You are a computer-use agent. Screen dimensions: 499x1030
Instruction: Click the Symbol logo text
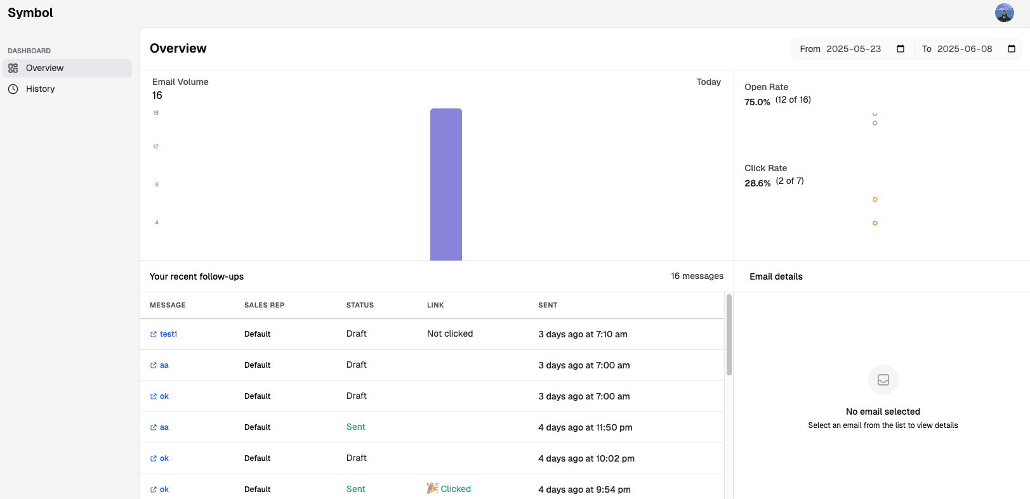coord(30,13)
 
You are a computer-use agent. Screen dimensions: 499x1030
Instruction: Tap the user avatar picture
coord(1004,13)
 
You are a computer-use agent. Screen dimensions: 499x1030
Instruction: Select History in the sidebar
coord(40,89)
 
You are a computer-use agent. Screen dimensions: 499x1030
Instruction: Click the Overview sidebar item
coord(44,68)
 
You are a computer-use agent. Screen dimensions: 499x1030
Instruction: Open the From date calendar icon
coord(900,49)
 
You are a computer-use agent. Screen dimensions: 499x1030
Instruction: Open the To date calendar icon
coord(1011,49)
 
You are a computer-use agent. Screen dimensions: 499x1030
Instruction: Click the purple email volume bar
coord(446,184)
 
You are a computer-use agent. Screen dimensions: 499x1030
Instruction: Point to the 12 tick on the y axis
coord(155,146)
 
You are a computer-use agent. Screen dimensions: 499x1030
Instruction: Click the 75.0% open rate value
coord(757,102)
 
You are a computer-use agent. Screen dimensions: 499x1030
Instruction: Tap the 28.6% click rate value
coord(757,183)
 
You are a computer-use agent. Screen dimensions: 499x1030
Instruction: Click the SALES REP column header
coord(264,305)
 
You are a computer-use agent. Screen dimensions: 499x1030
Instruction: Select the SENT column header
coord(548,305)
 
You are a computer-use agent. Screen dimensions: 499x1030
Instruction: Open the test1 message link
coord(168,334)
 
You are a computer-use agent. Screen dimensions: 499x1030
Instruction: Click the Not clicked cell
coord(450,334)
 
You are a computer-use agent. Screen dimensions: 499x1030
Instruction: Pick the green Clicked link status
coord(455,489)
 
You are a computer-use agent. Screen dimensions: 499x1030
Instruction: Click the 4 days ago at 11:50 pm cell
coord(585,427)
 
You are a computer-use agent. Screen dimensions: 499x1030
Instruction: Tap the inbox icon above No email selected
coord(883,380)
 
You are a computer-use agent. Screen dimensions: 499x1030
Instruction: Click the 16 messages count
coord(697,276)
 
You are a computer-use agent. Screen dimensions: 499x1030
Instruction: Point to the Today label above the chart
coord(708,82)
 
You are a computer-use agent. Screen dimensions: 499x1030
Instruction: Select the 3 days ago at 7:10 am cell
coord(583,334)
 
